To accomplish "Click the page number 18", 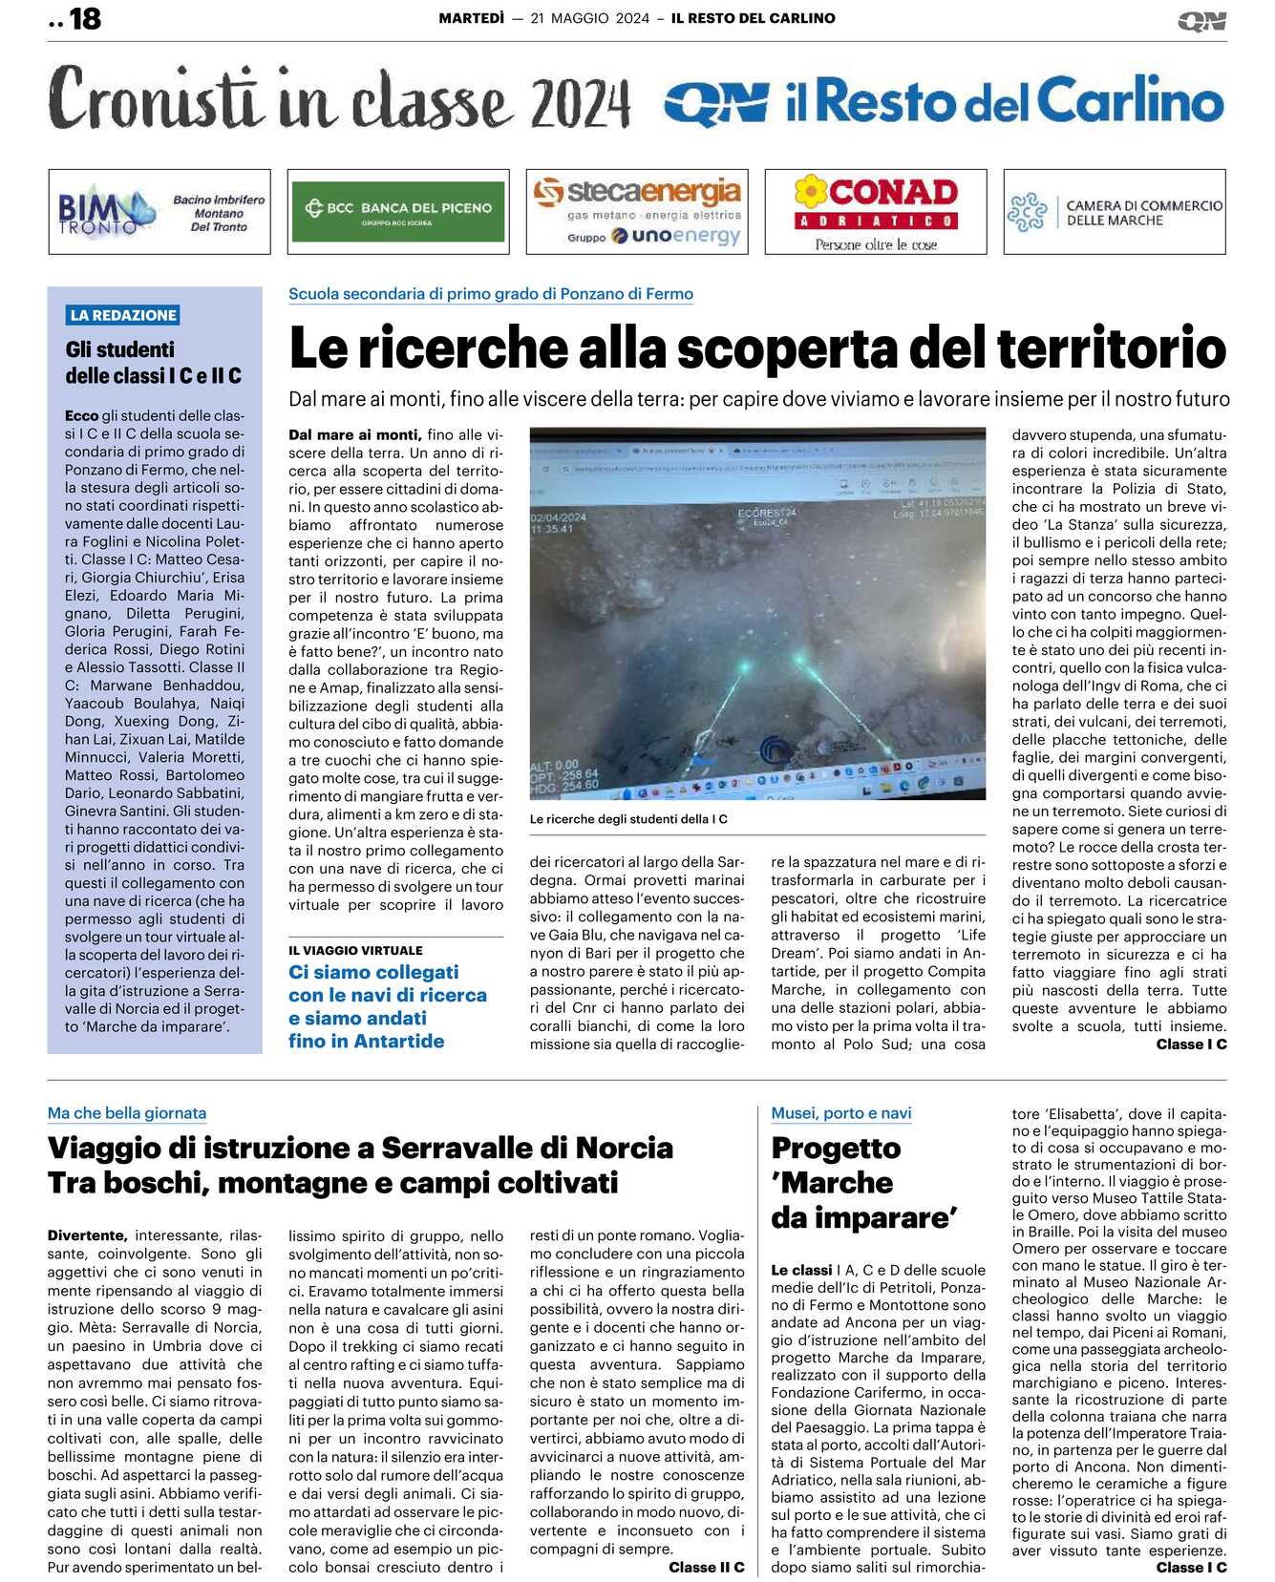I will [85, 19].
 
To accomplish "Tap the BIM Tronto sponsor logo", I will [159, 212].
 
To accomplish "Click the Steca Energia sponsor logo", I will [637, 212].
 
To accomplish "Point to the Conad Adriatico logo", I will [876, 212].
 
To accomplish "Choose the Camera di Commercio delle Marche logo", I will [1115, 212].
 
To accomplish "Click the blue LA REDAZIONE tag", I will [123, 315].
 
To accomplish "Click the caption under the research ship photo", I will [628, 819].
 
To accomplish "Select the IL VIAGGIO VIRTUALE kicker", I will [355, 951].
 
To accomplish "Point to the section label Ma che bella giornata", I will [127, 1113].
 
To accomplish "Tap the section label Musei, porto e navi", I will [840, 1113].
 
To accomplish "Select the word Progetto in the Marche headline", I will [836, 1149].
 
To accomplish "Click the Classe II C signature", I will [706, 1568].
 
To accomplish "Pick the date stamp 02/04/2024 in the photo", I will [559, 517].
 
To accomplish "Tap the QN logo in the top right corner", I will [1201, 21].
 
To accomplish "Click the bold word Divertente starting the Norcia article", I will [87, 1235].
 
